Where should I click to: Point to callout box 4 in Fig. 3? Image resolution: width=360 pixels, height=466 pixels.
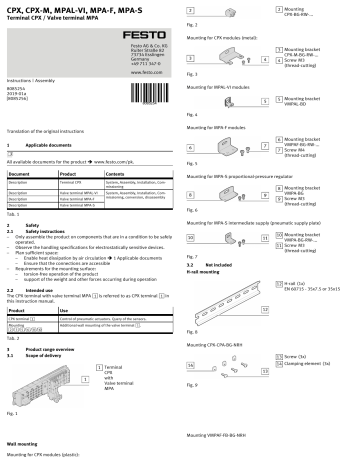(265, 60)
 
